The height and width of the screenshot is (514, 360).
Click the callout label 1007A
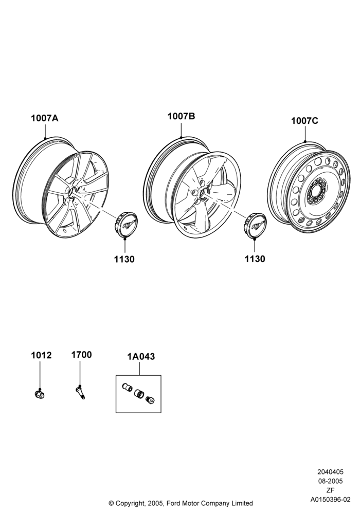pos(45,118)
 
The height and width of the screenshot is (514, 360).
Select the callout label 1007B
pos(182,116)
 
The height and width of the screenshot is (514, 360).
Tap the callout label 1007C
pos(304,121)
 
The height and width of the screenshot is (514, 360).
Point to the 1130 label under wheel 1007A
pos(124,259)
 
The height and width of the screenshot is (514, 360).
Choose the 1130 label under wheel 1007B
pos(255,259)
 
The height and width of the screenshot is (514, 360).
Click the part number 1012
pos(41,355)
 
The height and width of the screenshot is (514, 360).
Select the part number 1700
pos(82,355)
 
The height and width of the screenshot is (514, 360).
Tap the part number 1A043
pos(141,356)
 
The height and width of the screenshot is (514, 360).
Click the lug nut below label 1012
pos(40,394)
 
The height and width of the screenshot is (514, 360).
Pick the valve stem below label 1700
pos(80,392)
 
